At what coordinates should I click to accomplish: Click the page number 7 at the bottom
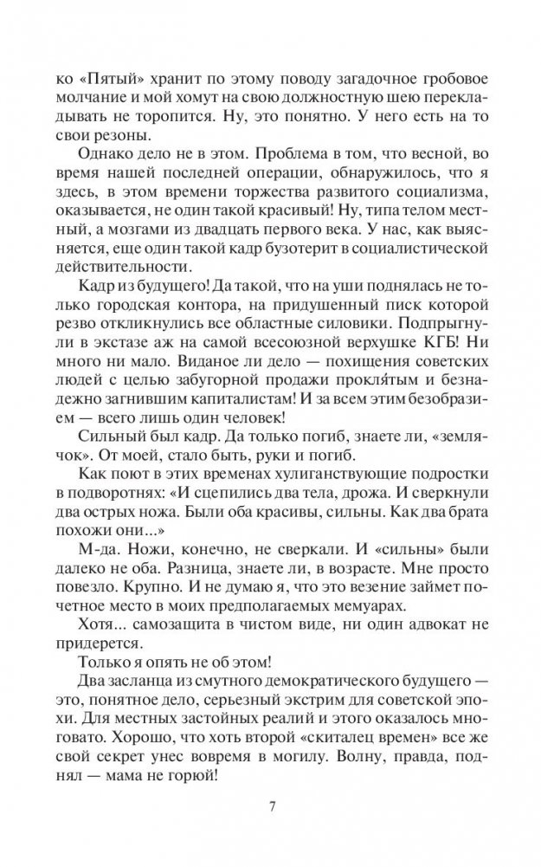(272, 808)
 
